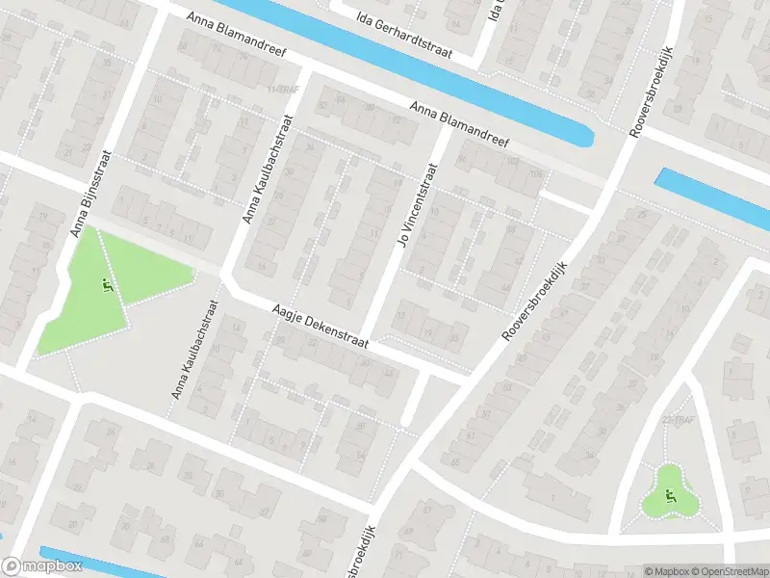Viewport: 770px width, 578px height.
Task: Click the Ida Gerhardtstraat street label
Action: (x=405, y=19)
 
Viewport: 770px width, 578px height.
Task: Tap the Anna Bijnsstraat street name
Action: (x=93, y=193)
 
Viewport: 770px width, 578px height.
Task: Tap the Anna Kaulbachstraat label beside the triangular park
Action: (x=196, y=350)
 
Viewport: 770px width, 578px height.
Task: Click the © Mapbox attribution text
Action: (x=666, y=571)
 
